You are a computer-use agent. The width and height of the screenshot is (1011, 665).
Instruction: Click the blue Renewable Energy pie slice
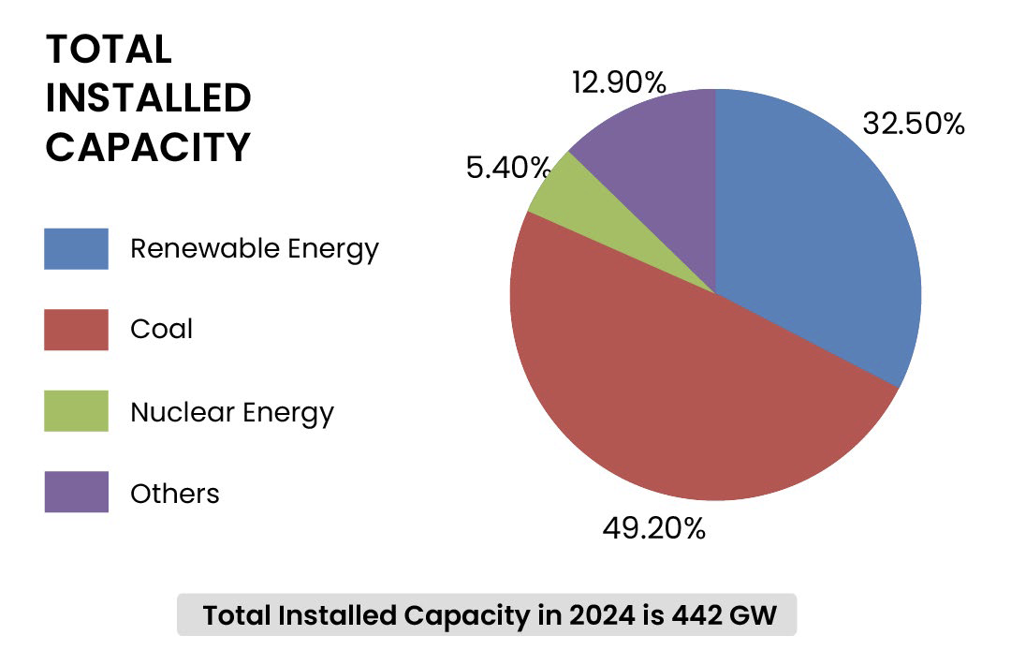814,234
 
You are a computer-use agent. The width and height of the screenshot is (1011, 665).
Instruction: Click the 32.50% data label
913,124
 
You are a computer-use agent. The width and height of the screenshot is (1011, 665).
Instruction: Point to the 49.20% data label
653,528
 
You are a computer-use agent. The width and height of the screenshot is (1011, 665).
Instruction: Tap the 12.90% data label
619,82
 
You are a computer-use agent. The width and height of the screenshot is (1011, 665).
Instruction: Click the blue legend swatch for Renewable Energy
76,249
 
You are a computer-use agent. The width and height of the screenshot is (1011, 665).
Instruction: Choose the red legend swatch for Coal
76,330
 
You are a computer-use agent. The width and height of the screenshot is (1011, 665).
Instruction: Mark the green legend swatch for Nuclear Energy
76,411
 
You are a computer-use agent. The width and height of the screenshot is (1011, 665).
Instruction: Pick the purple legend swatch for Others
76,493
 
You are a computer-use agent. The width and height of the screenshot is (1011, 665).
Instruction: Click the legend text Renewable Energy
255,249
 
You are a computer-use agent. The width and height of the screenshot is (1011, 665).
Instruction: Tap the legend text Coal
162,330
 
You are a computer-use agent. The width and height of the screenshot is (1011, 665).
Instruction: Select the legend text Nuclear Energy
232,412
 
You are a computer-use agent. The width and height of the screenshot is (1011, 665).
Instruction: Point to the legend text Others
175,494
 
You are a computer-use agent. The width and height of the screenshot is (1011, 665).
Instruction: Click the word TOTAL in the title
109,50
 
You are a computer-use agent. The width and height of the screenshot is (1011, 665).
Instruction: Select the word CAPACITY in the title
148,147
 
